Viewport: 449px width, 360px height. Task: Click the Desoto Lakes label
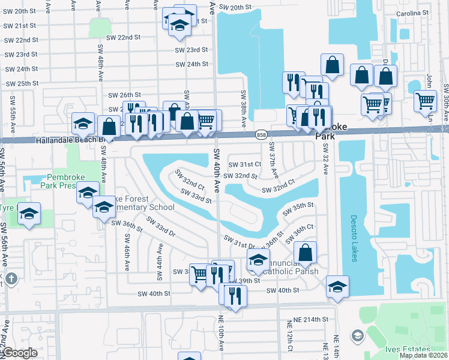354,239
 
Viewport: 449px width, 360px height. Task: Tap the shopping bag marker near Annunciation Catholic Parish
306,253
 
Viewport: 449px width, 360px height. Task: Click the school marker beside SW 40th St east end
338,286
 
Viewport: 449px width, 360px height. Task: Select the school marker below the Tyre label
28,214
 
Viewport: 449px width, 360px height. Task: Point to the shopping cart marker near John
425,100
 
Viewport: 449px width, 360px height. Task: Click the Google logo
19,353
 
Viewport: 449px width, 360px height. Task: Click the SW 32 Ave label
325,159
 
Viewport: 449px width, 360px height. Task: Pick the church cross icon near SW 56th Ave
11,279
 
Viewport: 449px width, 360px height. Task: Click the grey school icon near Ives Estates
357,334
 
